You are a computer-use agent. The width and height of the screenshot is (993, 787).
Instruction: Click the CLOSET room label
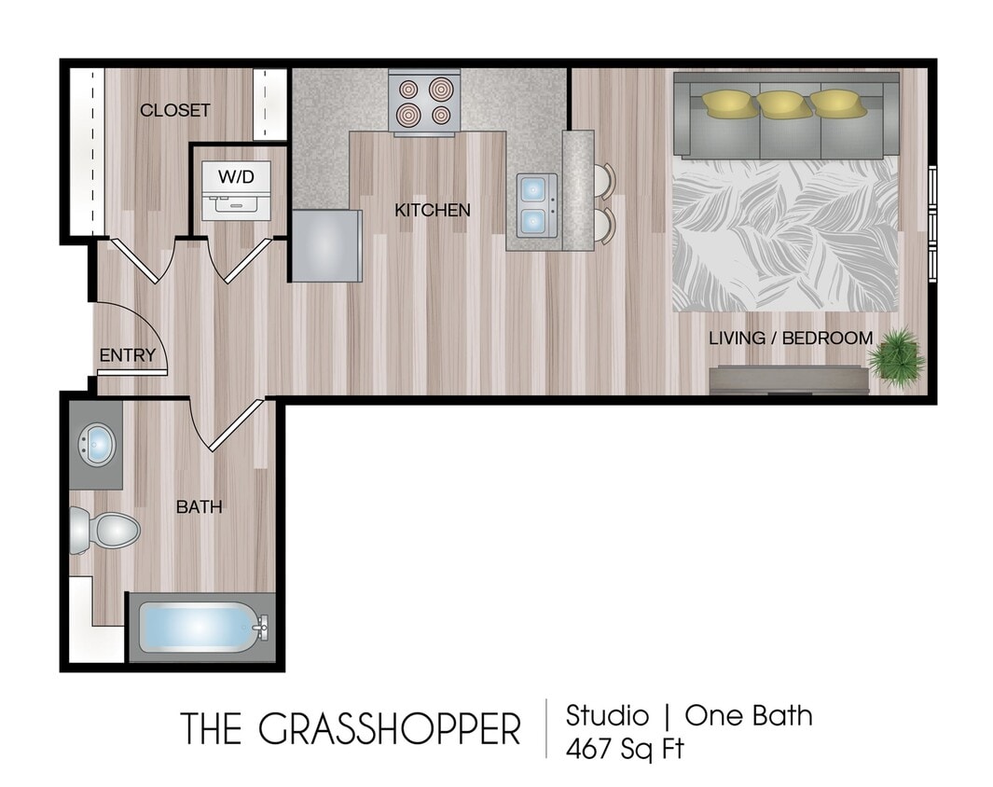[x=174, y=110]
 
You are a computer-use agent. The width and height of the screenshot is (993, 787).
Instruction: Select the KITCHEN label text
[x=433, y=211]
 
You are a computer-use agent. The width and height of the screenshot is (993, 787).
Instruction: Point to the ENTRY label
[x=128, y=355]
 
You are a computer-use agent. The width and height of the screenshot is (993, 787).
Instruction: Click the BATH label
[x=200, y=507]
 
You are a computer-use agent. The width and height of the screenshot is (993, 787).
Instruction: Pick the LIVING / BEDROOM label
[x=791, y=338]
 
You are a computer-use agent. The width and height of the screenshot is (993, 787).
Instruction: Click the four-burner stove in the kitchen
[x=424, y=102]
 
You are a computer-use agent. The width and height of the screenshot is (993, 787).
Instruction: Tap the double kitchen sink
[x=533, y=205]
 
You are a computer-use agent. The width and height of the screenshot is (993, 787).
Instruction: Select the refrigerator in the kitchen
[x=325, y=244]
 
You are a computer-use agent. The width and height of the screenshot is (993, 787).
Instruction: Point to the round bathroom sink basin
[x=97, y=444]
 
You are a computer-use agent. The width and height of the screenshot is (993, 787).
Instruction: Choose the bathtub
[x=200, y=627]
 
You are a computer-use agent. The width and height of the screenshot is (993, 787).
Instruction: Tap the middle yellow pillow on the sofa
[x=783, y=103]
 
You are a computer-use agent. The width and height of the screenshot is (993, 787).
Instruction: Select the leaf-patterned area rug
[x=785, y=235]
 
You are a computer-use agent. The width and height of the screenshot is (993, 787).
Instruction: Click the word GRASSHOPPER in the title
[x=389, y=729]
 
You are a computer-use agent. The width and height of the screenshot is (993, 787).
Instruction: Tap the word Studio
[x=607, y=716]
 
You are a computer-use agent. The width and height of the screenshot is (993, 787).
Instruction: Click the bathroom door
[x=236, y=425]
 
